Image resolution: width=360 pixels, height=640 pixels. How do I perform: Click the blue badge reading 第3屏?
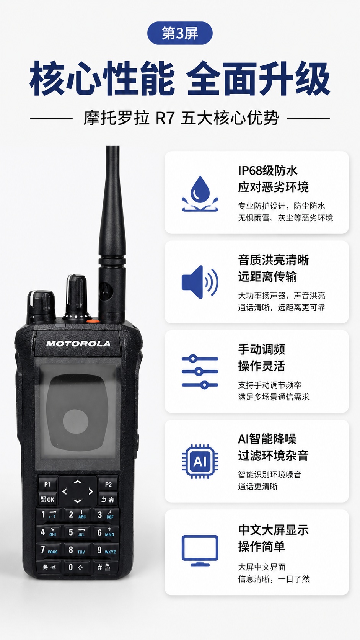click(179, 33)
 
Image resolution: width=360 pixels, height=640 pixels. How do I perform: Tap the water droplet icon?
click(200, 193)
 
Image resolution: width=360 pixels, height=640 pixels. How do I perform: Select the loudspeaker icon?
click(200, 282)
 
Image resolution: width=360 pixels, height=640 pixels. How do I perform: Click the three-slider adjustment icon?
click(200, 371)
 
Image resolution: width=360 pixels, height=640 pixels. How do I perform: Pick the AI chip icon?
click(200, 461)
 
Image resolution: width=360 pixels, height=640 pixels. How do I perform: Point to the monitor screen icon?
click(200, 550)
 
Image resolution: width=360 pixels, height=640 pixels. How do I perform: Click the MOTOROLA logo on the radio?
click(78, 344)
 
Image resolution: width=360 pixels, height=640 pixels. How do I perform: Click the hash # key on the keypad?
click(104, 567)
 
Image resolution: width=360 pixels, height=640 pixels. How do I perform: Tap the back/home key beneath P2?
click(108, 500)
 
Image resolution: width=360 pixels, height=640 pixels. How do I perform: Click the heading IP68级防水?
click(267, 171)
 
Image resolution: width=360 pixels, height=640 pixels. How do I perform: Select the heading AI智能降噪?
click(267, 439)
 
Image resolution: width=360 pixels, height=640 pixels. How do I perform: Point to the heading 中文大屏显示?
click(274, 530)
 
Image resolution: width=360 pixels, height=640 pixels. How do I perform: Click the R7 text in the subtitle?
click(165, 118)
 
